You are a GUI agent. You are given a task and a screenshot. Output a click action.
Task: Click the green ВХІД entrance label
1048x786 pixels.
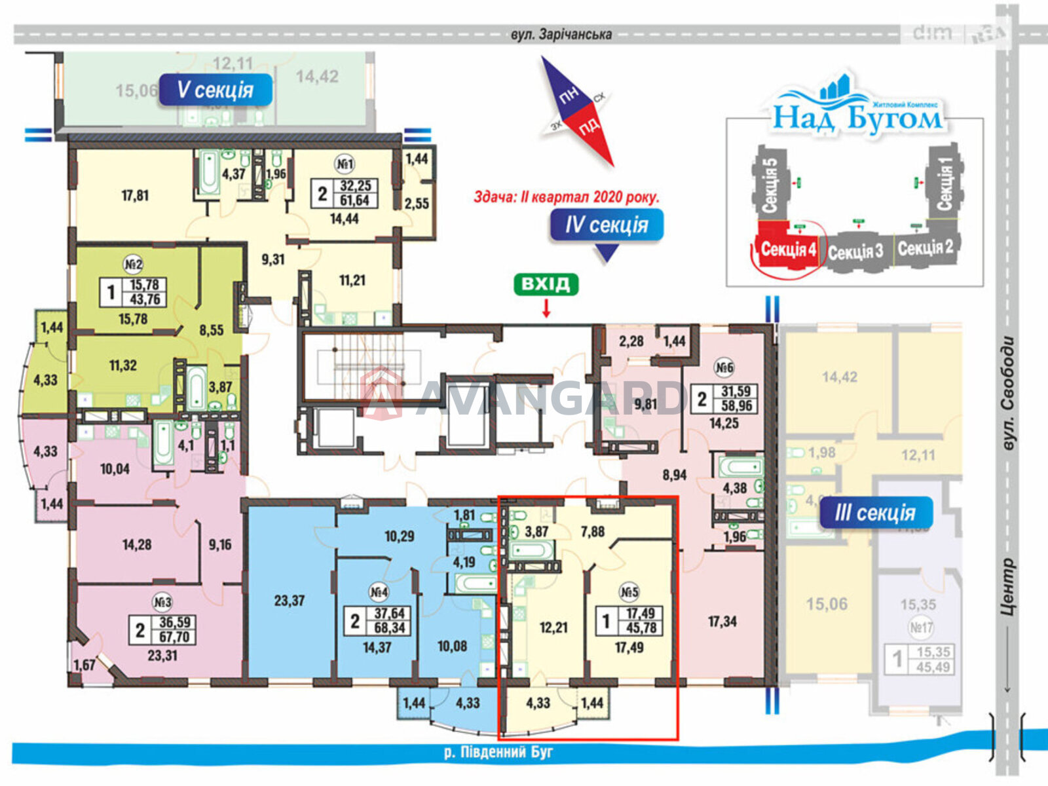click(x=546, y=284)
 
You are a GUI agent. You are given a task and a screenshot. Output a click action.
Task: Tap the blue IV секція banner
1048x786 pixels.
click(x=606, y=225)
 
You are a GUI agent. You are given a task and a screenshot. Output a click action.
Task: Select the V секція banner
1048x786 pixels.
click(x=215, y=90)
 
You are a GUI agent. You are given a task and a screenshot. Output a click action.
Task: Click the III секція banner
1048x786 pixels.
click(x=875, y=512)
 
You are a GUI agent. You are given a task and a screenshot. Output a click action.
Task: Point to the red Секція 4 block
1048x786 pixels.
click(x=788, y=249)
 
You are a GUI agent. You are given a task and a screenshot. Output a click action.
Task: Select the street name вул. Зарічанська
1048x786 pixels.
click(x=561, y=34)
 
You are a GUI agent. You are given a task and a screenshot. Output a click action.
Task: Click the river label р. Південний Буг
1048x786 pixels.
click(x=498, y=752)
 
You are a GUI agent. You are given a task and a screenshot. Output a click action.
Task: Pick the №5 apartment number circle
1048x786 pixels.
click(x=629, y=593)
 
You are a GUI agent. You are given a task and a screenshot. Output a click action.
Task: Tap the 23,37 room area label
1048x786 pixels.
click(x=289, y=600)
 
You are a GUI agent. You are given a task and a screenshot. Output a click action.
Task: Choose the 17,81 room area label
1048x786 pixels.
click(x=135, y=195)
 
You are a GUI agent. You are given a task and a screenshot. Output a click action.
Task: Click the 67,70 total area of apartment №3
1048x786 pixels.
click(x=174, y=637)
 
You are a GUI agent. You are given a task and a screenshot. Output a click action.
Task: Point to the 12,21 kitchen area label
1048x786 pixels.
click(x=553, y=627)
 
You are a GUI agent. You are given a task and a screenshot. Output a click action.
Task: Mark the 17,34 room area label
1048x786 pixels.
click(x=722, y=621)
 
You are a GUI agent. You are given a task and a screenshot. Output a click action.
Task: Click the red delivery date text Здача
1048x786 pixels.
click(x=567, y=196)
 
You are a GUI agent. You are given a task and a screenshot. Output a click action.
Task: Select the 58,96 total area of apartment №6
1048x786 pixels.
click(x=736, y=406)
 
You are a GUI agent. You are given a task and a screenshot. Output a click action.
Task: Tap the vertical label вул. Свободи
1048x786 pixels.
click(x=1009, y=393)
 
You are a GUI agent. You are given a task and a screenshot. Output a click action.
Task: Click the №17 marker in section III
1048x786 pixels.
click(x=920, y=627)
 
